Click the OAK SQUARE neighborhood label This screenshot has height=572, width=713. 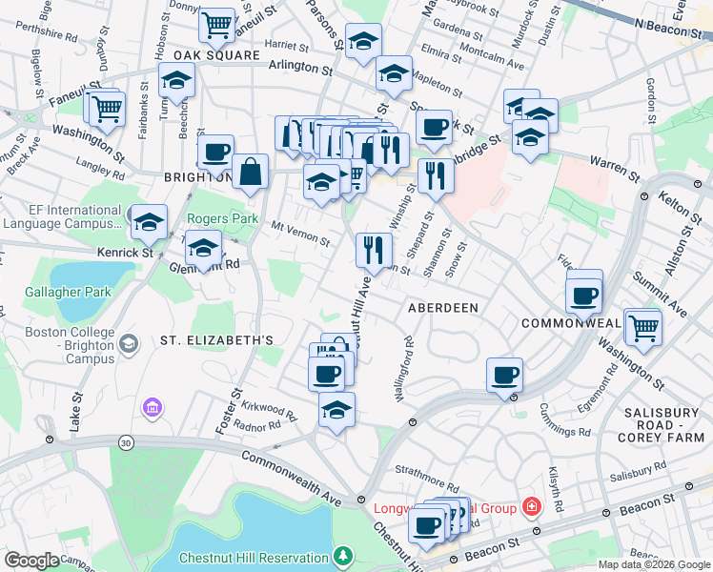[x=216, y=56]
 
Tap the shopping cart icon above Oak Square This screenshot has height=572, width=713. [x=217, y=25]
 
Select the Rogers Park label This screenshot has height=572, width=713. [x=222, y=218]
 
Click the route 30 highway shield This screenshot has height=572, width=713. [x=126, y=442]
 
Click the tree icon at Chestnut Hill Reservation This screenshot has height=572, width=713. [x=342, y=555]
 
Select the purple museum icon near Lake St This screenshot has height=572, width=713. [x=150, y=409]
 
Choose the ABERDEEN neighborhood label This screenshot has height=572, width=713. [x=442, y=309]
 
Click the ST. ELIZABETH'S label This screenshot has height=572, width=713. [x=216, y=340]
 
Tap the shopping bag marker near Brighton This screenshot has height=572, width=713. [x=251, y=174]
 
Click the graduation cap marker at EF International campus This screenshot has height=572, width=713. [x=148, y=223]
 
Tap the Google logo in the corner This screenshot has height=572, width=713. [x=31, y=561]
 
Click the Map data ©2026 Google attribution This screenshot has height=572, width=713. [x=653, y=564]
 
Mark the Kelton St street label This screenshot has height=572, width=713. [x=677, y=203]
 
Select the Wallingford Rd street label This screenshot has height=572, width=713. [x=401, y=366]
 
